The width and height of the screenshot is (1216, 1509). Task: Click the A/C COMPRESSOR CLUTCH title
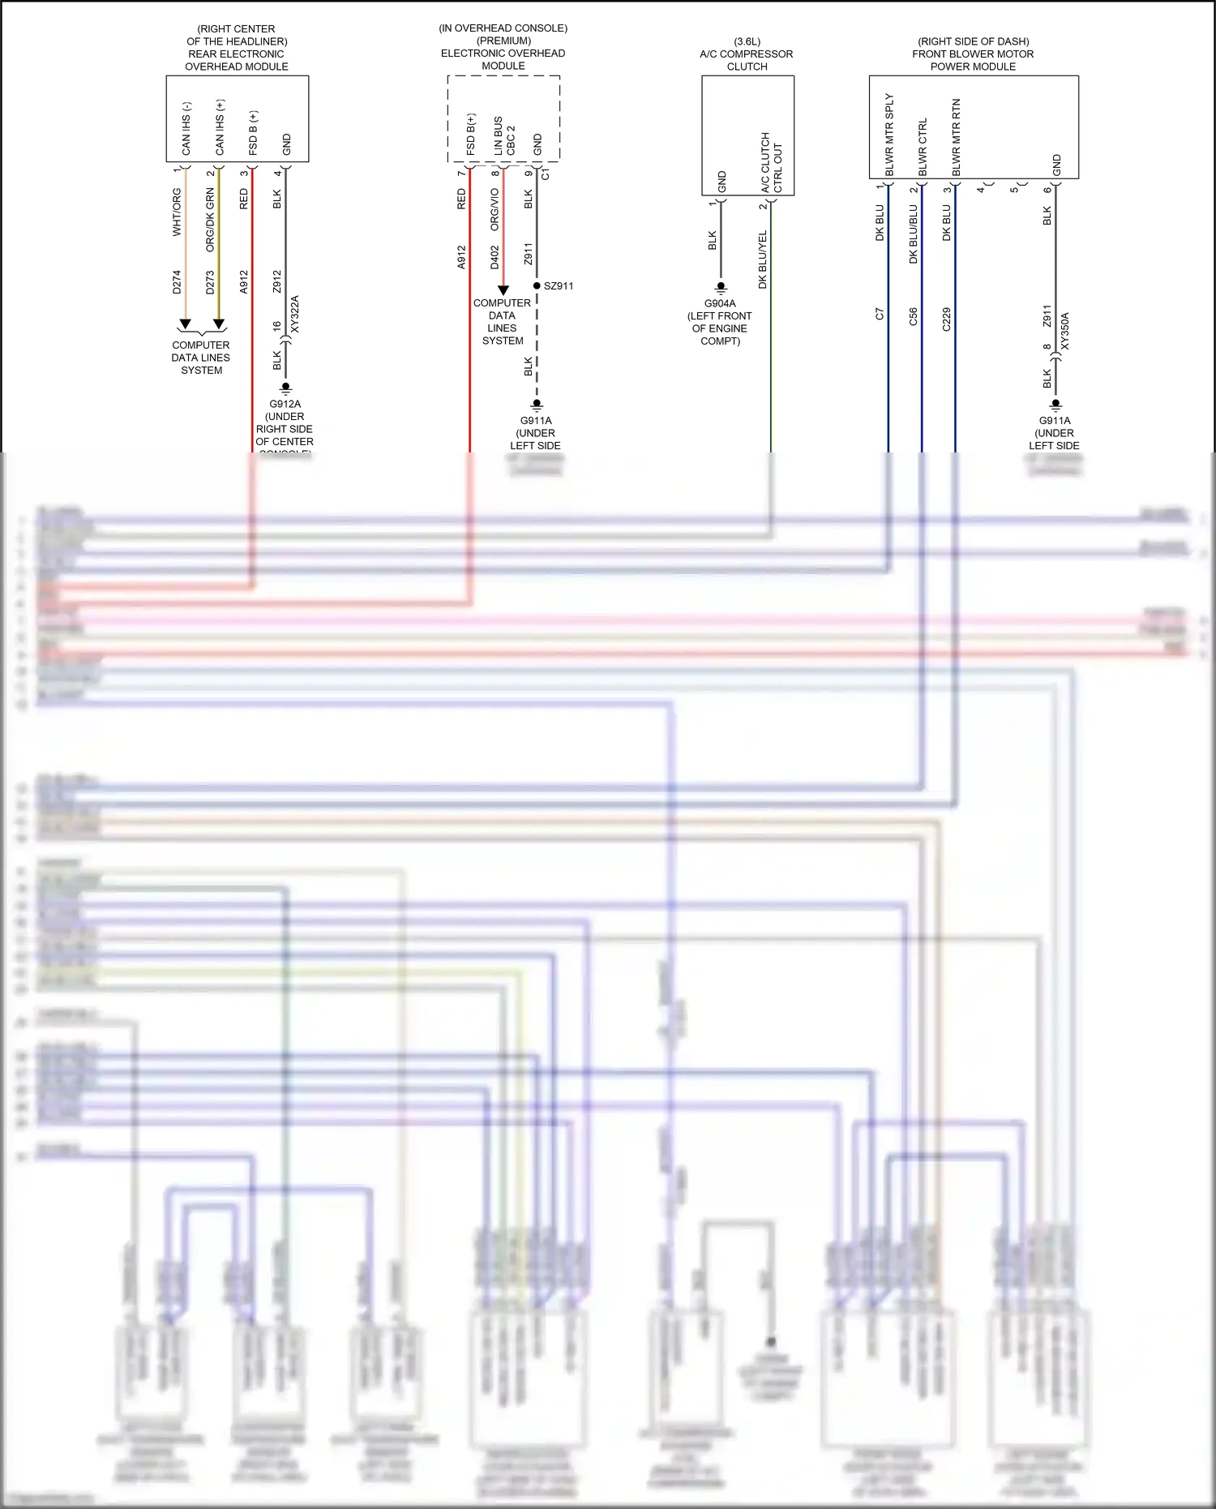[x=747, y=54]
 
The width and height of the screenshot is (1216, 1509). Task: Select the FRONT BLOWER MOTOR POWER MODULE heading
[x=973, y=54]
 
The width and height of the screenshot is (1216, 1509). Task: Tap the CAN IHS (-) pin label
[x=186, y=129]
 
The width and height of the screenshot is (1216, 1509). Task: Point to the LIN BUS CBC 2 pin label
[x=504, y=136]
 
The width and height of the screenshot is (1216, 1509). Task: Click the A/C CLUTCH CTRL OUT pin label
[x=771, y=162]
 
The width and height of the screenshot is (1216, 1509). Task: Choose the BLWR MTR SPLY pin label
[x=889, y=135]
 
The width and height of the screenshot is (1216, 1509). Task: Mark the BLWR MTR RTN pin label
[x=956, y=137]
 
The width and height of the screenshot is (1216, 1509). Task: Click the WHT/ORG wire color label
[x=177, y=212]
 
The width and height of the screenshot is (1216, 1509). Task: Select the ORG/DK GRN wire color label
[x=210, y=220]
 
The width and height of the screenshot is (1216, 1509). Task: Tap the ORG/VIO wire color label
[x=495, y=209]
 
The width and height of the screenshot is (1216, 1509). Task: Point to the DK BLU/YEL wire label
[x=762, y=259]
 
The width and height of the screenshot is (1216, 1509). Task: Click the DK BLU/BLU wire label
[x=913, y=234]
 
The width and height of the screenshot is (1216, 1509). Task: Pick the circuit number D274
[x=177, y=282]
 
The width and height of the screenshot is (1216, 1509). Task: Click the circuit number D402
[x=495, y=258]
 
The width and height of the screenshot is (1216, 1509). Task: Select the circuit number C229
[x=946, y=319]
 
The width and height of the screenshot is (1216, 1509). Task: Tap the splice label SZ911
[x=559, y=286]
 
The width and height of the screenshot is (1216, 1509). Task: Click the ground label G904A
[x=720, y=304]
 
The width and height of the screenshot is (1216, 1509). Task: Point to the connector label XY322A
[x=294, y=314]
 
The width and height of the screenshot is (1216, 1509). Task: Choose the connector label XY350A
[x=1064, y=331]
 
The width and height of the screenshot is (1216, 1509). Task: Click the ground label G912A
[x=285, y=404]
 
